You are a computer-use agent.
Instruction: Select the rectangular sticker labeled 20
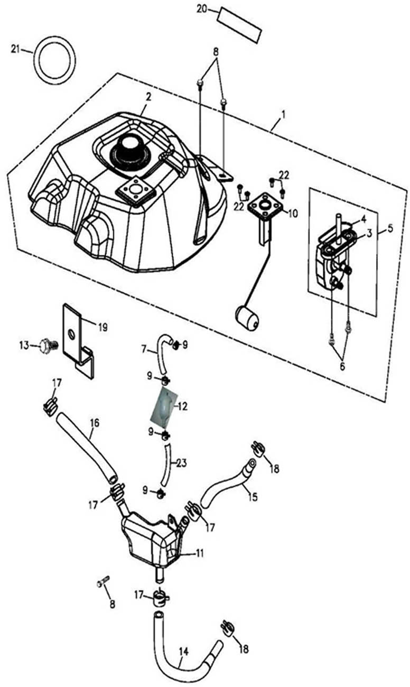240,24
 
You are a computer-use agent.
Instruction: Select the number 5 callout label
390,228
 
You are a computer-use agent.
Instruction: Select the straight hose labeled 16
87,447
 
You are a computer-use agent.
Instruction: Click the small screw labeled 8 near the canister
102,584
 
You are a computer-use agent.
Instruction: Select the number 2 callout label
148,97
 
